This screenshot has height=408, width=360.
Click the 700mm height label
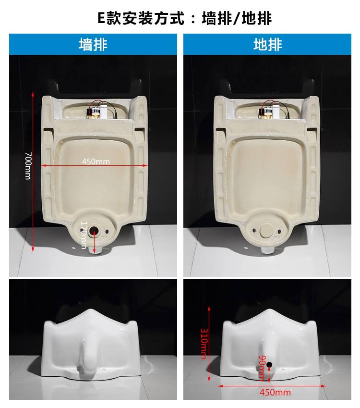pos(28,166)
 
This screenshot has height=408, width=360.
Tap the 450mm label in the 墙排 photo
pos(96,161)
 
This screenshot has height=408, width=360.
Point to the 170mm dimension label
pos(84,235)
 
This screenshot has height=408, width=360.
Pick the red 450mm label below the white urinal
pos(275,392)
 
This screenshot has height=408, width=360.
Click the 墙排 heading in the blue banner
pos(93,45)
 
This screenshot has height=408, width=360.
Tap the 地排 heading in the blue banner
pos(267,45)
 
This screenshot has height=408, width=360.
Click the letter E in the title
pos(101,18)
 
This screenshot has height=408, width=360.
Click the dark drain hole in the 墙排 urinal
pos(94,230)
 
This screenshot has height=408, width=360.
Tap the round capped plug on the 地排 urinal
pos(266,231)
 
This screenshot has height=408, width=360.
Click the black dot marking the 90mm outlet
pos(269,365)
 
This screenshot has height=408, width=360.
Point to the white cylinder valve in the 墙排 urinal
pos(104,111)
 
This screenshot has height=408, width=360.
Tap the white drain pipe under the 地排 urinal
pos(267,250)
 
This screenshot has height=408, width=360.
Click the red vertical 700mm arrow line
pos(33,172)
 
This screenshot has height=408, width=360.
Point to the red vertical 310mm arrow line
pos(209,344)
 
